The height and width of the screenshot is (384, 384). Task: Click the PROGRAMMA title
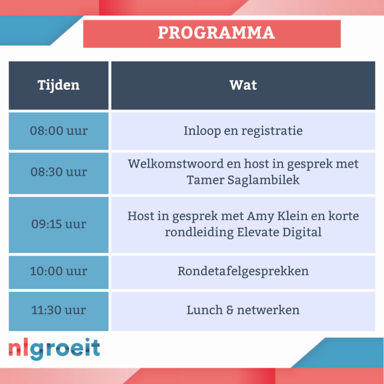click(x=216, y=32)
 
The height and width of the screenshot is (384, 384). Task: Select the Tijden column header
click(x=58, y=85)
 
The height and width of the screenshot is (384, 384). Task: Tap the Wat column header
click(x=243, y=85)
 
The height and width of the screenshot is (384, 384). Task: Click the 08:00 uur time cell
click(x=58, y=131)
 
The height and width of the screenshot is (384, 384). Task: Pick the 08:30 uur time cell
click(x=58, y=173)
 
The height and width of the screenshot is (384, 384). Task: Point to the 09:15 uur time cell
click(x=58, y=225)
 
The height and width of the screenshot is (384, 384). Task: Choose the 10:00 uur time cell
click(x=58, y=272)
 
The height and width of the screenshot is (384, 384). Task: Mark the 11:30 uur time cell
click(x=58, y=311)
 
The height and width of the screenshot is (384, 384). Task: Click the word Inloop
click(x=202, y=131)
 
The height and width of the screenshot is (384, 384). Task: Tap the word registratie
click(x=272, y=131)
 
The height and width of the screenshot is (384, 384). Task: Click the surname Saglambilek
click(x=264, y=180)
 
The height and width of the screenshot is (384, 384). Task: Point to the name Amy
click(x=260, y=216)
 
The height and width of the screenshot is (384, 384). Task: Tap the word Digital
click(x=302, y=233)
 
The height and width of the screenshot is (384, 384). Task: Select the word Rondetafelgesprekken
click(x=243, y=272)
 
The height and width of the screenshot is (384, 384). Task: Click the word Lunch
click(x=205, y=310)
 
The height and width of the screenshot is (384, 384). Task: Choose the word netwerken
click(x=268, y=310)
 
